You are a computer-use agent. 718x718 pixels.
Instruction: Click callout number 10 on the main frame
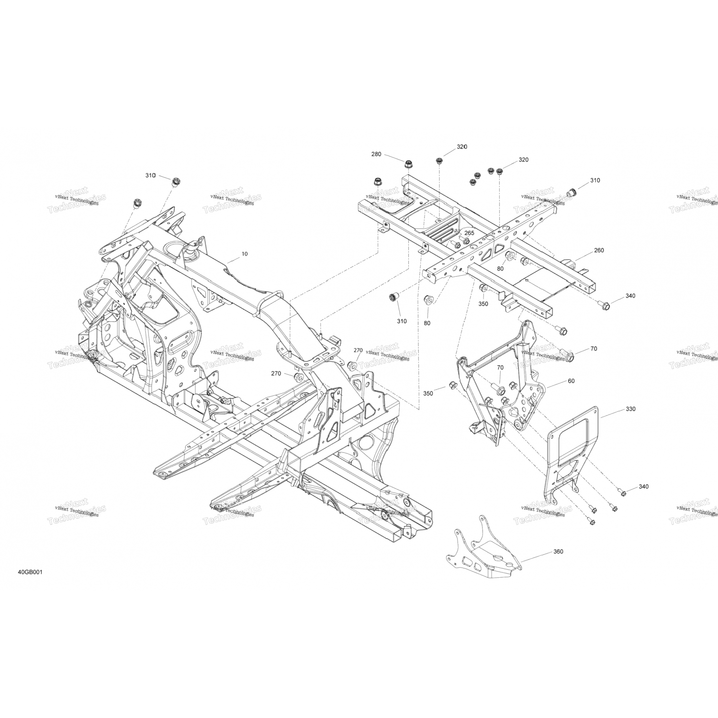click(x=245, y=254)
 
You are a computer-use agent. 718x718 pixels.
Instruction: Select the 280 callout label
click(x=376, y=154)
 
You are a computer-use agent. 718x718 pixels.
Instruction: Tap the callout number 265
click(x=469, y=233)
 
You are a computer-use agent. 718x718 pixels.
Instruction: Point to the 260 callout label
click(x=599, y=250)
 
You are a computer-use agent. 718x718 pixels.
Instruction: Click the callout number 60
click(x=571, y=381)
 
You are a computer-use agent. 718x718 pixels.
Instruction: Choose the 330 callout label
click(x=630, y=409)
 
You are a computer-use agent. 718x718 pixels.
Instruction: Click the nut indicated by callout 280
click(x=409, y=165)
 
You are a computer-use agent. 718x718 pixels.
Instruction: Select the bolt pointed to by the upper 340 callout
click(x=605, y=304)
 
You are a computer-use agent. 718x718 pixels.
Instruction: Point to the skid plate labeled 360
click(x=483, y=550)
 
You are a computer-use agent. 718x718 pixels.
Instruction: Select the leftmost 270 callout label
click(x=276, y=373)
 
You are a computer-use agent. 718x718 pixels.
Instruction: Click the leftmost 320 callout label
click(x=461, y=146)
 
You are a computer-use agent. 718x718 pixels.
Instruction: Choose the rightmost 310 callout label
click(x=595, y=180)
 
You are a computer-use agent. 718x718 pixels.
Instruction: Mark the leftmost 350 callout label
click(x=428, y=393)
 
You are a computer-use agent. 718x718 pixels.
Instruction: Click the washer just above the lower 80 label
click(x=429, y=300)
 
